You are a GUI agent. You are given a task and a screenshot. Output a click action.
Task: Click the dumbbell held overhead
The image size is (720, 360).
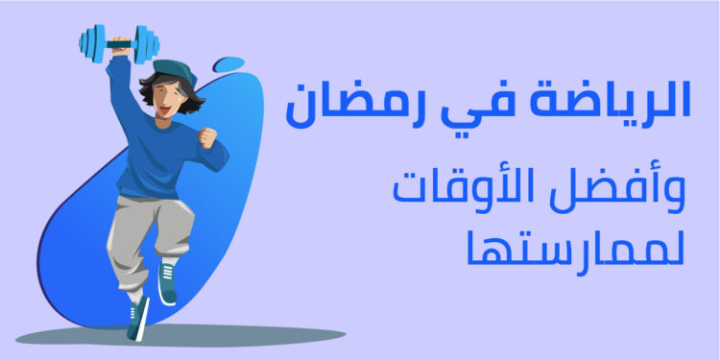tap(119, 44)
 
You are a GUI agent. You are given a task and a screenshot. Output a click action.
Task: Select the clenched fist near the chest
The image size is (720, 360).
tap(206, 137)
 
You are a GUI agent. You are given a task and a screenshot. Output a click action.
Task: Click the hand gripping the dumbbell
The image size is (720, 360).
tap(120, 45)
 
